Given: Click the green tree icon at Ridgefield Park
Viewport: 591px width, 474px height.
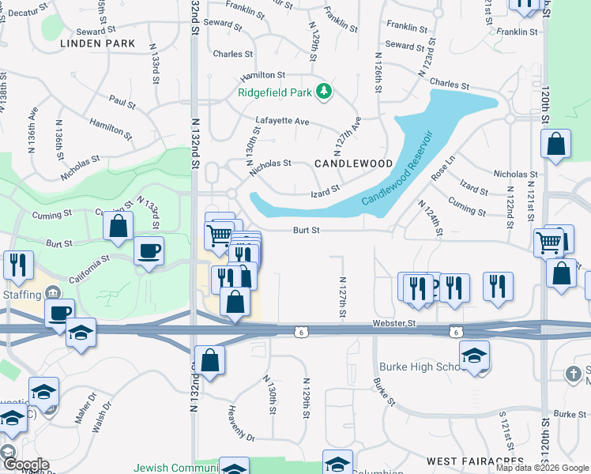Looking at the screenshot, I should [x=323, y=92].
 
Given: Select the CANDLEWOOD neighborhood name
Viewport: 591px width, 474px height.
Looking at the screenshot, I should [x=353, y=164].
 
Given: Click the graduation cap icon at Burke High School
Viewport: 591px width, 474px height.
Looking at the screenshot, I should [x=474, y=355].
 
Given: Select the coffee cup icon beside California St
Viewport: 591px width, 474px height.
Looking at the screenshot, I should [x=149, y=251].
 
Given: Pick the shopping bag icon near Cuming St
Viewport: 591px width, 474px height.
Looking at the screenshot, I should [x=118, y=226].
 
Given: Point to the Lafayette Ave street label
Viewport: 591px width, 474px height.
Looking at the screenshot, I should [x=282, y=122].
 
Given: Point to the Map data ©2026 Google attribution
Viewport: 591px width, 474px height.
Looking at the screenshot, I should [x=542, y=468].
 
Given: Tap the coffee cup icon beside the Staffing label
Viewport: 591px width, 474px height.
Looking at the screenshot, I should [x=58, y=312].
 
